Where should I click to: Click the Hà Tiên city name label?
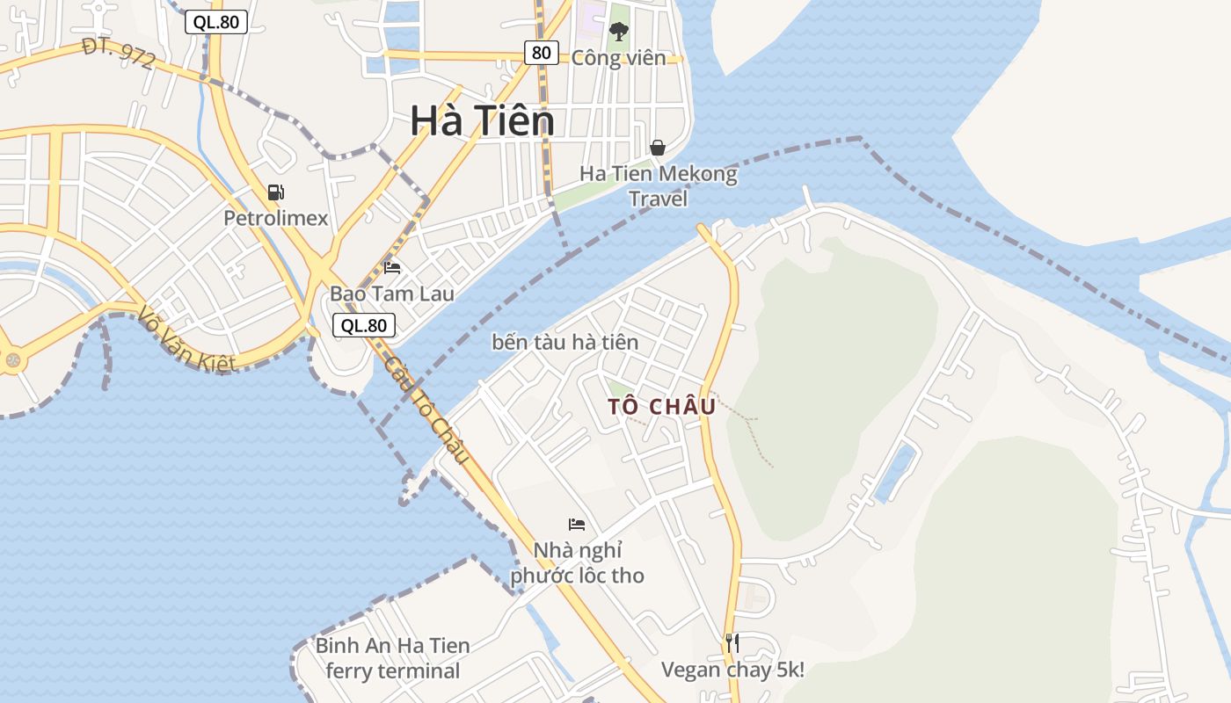coord(482,121)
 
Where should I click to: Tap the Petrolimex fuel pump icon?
coord(276,192)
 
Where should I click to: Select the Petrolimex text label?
coord(275,218)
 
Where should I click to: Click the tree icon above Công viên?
coord(619,32)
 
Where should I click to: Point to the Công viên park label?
coord(619,58)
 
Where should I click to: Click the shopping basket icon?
coord(657,148)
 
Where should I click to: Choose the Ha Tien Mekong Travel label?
coord(658,186)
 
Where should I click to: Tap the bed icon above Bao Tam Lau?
coord(392,267)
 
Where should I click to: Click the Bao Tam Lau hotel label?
coord(392,294)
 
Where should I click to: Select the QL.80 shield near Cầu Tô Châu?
coord(364,325)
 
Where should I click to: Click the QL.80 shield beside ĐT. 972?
coord(215,22)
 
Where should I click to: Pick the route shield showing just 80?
coord(541,53)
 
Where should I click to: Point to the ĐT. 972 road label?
coord(119,54)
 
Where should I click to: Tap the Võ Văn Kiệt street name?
coord(186,338)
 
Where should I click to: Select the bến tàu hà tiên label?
coord(565,342)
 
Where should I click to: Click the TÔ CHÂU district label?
coord(661,407)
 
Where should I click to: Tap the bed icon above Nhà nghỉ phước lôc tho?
coord(577,525)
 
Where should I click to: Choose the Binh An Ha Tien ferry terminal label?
coord(392,658)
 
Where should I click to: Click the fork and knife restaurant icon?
coord(732,642)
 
